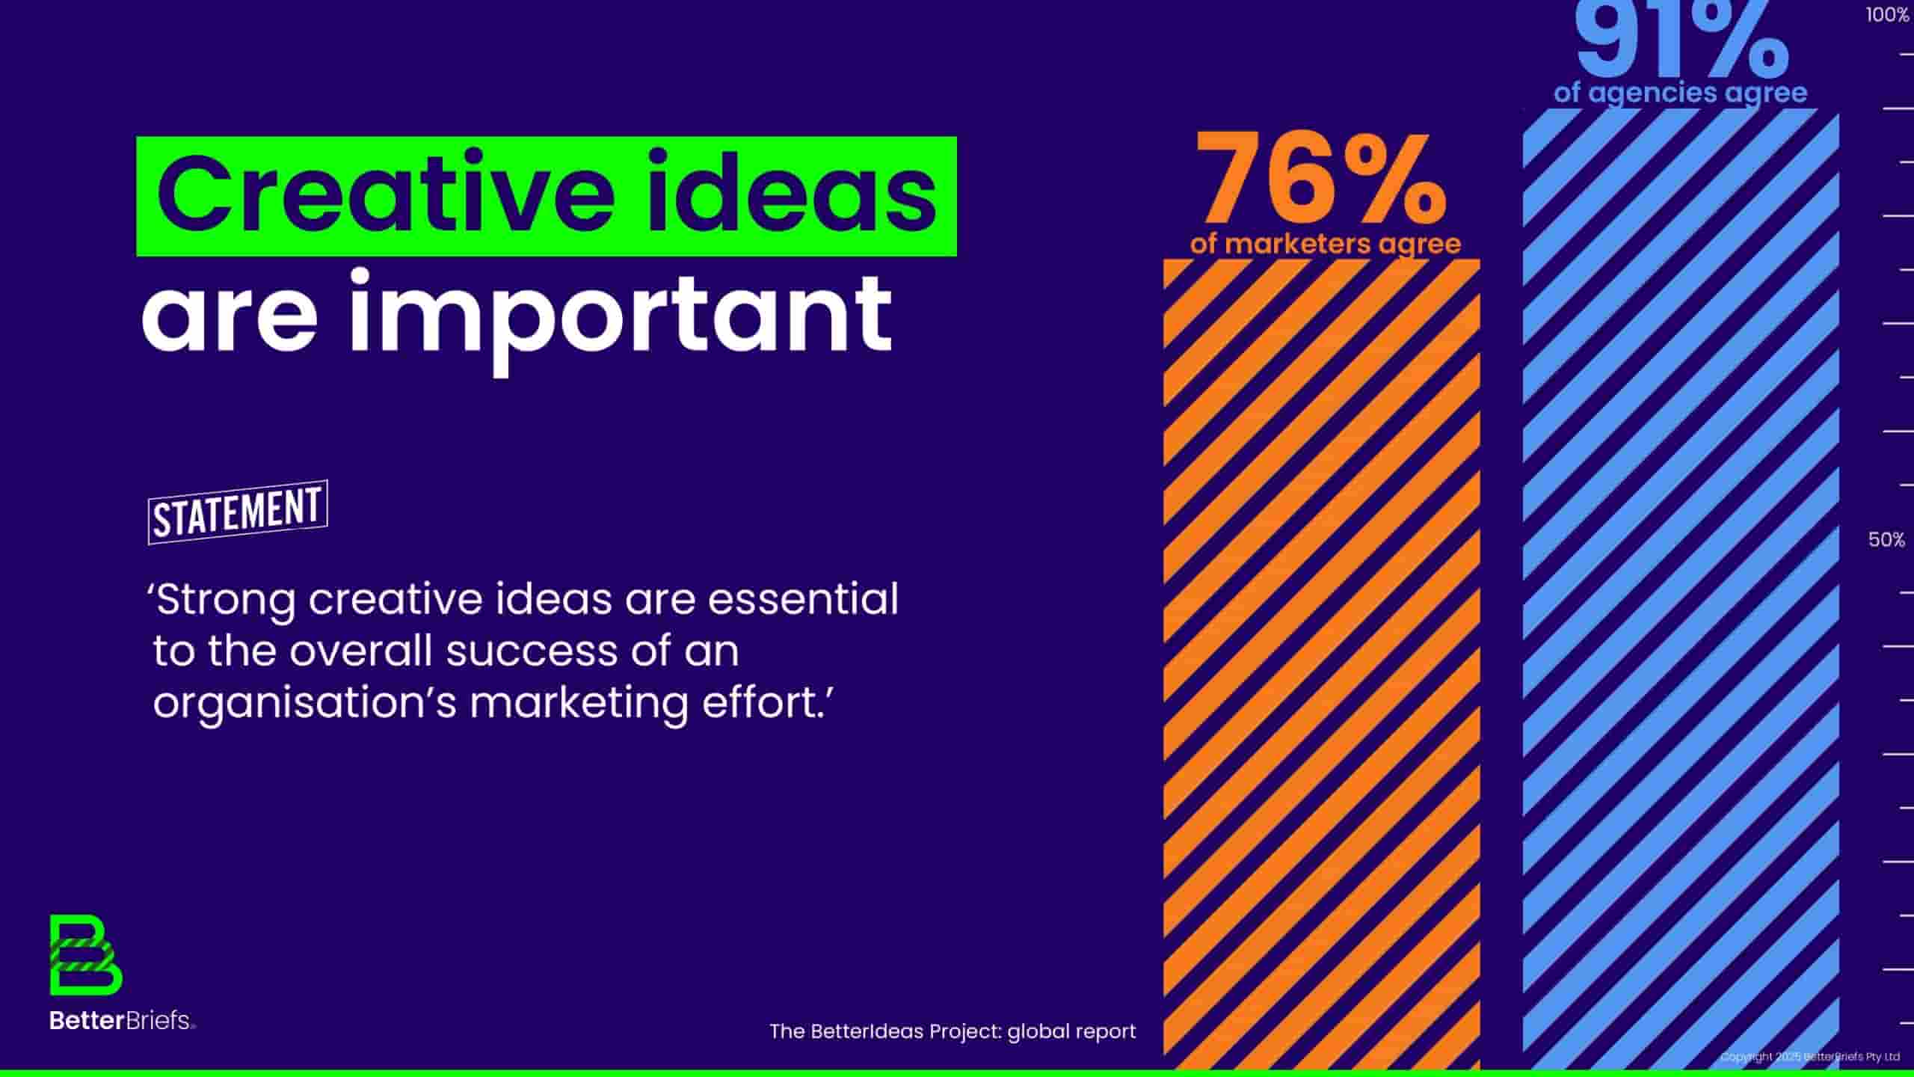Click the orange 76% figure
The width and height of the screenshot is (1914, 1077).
1320,179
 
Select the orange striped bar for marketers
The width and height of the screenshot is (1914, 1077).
1321,664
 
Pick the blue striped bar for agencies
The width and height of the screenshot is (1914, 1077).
1681,589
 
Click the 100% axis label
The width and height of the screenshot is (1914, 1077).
1887,15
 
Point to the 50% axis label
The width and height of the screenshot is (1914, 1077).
1886,540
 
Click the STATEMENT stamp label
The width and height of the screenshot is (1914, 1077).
238,512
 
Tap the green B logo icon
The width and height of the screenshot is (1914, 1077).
86,955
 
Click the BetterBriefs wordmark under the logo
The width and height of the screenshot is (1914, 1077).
122,1020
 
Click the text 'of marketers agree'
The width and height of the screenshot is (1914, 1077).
1326,244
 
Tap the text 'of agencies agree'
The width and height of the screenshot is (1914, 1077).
1681,93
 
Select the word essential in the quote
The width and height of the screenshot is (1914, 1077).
803,598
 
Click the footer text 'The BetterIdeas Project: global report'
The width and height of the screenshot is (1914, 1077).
953,1031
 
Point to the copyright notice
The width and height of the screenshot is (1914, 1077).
1809,1057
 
